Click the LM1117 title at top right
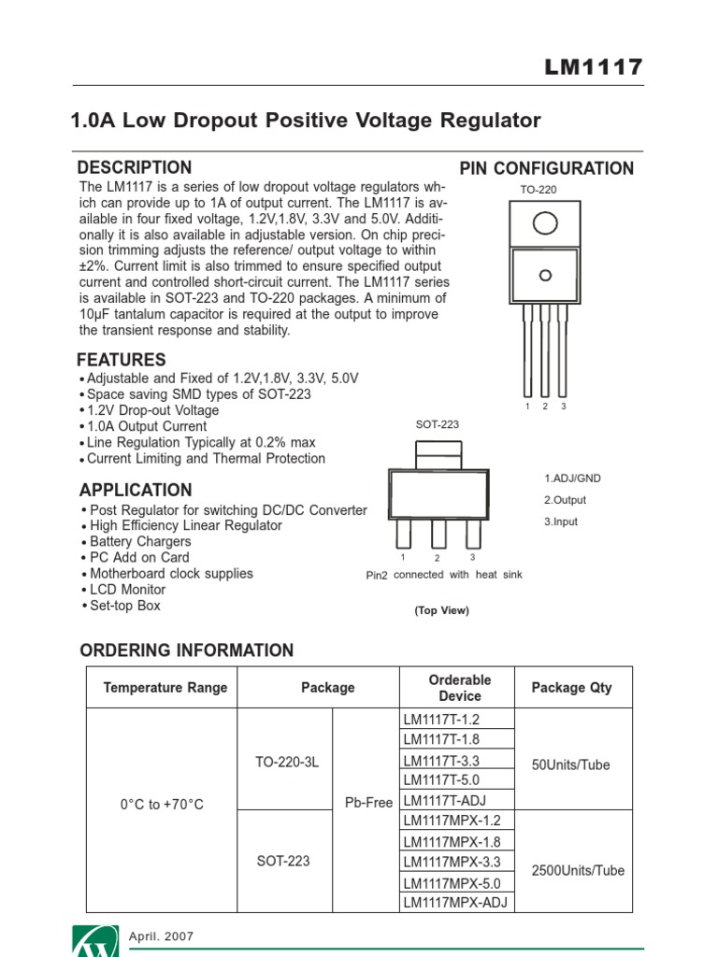click(594, 67)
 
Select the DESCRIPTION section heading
click(134, 168)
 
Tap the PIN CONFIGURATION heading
click(547, 169)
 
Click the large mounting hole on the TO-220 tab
click(545, 222)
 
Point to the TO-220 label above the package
click(538, 190)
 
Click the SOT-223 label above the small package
click(438, 424)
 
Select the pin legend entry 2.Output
click(565, 500)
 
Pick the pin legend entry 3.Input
click(561, 521)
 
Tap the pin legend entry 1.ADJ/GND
click(572, 478)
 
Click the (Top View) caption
click(441, 610)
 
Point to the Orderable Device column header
click(459, 688)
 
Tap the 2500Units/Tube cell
click(578, 870)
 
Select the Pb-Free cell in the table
click(368, 803)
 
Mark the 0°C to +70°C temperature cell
click(162, 804)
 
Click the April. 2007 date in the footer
click(161, 936)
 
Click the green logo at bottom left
click(95, 942)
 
